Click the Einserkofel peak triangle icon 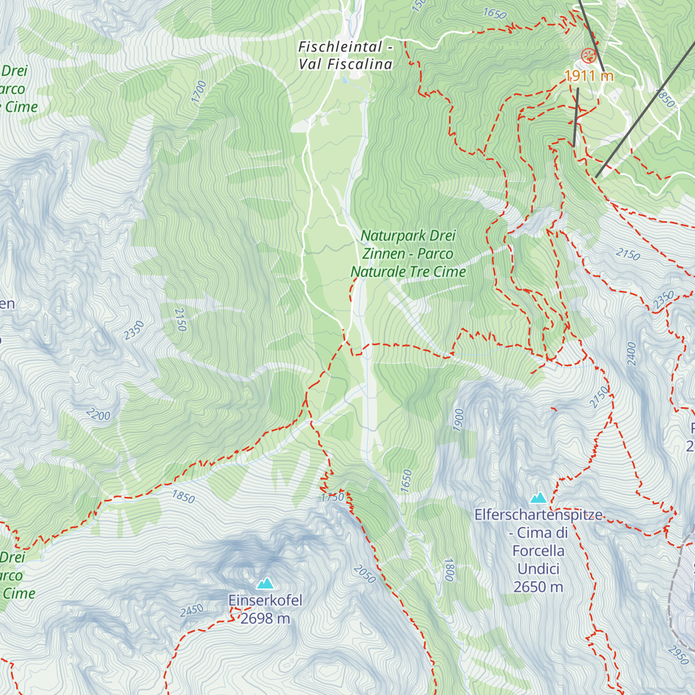pyautogui.click(x=265, y=583)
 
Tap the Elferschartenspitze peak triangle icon pyautogui.click(x=539, y=498)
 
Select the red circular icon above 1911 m pyautogui.click(x=588, y=56)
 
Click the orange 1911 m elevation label pyautogui.click(x=588, y=76)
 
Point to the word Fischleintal pyautogui.click(x=341, y=47)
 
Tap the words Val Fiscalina pyautogui.click(x=345, y=64)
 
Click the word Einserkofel pyautogui.click(x=265, y=601)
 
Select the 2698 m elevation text pyautogui.click(x=265, y=619)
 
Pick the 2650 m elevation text pyautogui.click(x=538, y=587)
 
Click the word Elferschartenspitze pyautogui.click(x=538, y=515)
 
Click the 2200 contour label pyautogui.click(x=98, y=414)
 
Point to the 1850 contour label pyautogui.click(x=183, y=496)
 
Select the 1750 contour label pyautogui.click(x=332, y=498)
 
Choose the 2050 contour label pyautogui.click(x=364, y=574)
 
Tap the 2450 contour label pyautogui.click(x=192, y=610)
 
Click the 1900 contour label pyautogui.click(x=459, y=419)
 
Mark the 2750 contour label pyautogui.click(x=599, y=397)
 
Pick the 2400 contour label pyautogui.click(x=631, y=353)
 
